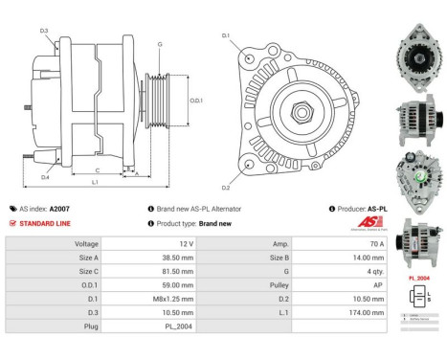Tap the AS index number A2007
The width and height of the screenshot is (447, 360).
click(x=59, y=208)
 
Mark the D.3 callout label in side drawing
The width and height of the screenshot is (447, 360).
click(x=44, y=31)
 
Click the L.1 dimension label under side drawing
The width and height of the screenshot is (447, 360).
click(x=95, y=182)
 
